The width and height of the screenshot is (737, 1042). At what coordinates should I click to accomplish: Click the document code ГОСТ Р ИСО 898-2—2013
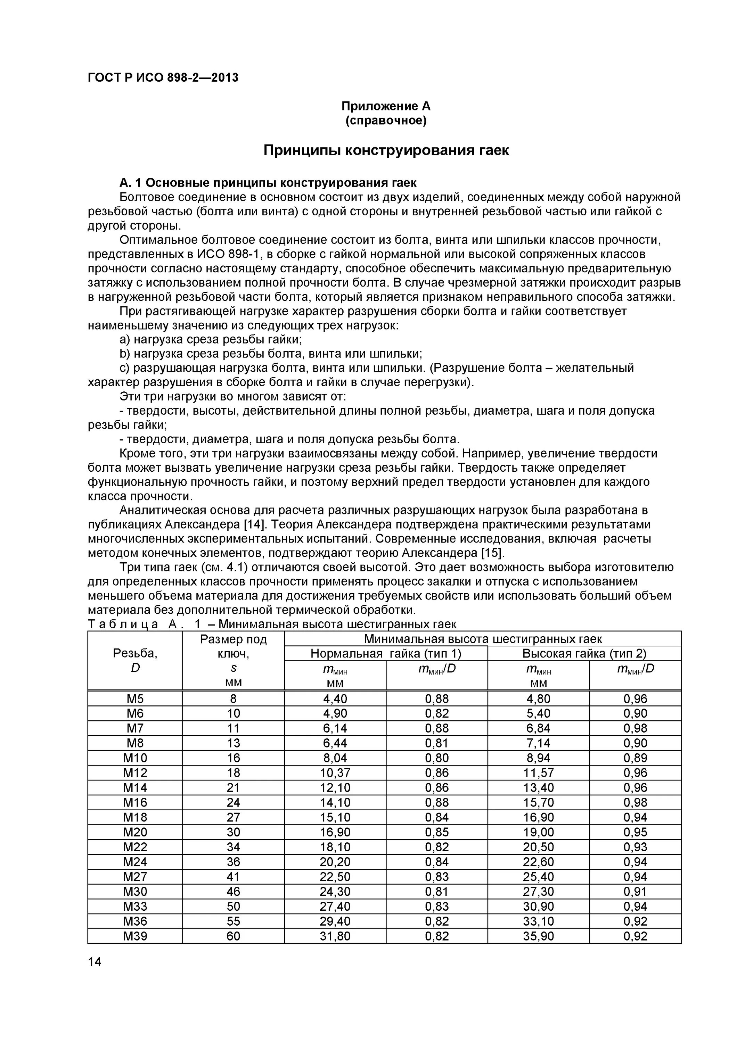[163, 78]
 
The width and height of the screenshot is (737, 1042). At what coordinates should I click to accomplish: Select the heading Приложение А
[386, 106]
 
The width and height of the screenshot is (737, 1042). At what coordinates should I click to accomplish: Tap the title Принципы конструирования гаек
[386, 150]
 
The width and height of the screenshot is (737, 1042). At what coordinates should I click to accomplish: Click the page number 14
[95, 962]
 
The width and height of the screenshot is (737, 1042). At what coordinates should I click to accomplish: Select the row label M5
[135, 699]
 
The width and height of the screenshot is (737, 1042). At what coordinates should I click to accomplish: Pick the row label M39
[135, 936]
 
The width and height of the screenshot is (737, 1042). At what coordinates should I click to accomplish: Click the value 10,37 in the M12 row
[335, 773]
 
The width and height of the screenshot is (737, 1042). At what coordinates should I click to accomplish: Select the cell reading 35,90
[538, 936]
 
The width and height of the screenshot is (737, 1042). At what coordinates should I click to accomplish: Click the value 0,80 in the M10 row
[436, 758]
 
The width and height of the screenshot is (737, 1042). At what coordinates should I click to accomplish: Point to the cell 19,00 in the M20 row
[538, 832]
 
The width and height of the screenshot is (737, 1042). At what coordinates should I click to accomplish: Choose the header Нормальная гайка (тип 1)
[386, 654]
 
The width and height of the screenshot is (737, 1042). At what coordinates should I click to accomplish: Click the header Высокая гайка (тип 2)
[584, 654]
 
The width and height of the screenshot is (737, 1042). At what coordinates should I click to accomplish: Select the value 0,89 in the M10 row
[635, 758]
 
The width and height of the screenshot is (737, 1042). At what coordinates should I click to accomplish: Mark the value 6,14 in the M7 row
[335, 728]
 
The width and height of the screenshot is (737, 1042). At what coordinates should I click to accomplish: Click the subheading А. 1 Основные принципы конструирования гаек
[268, 183]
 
